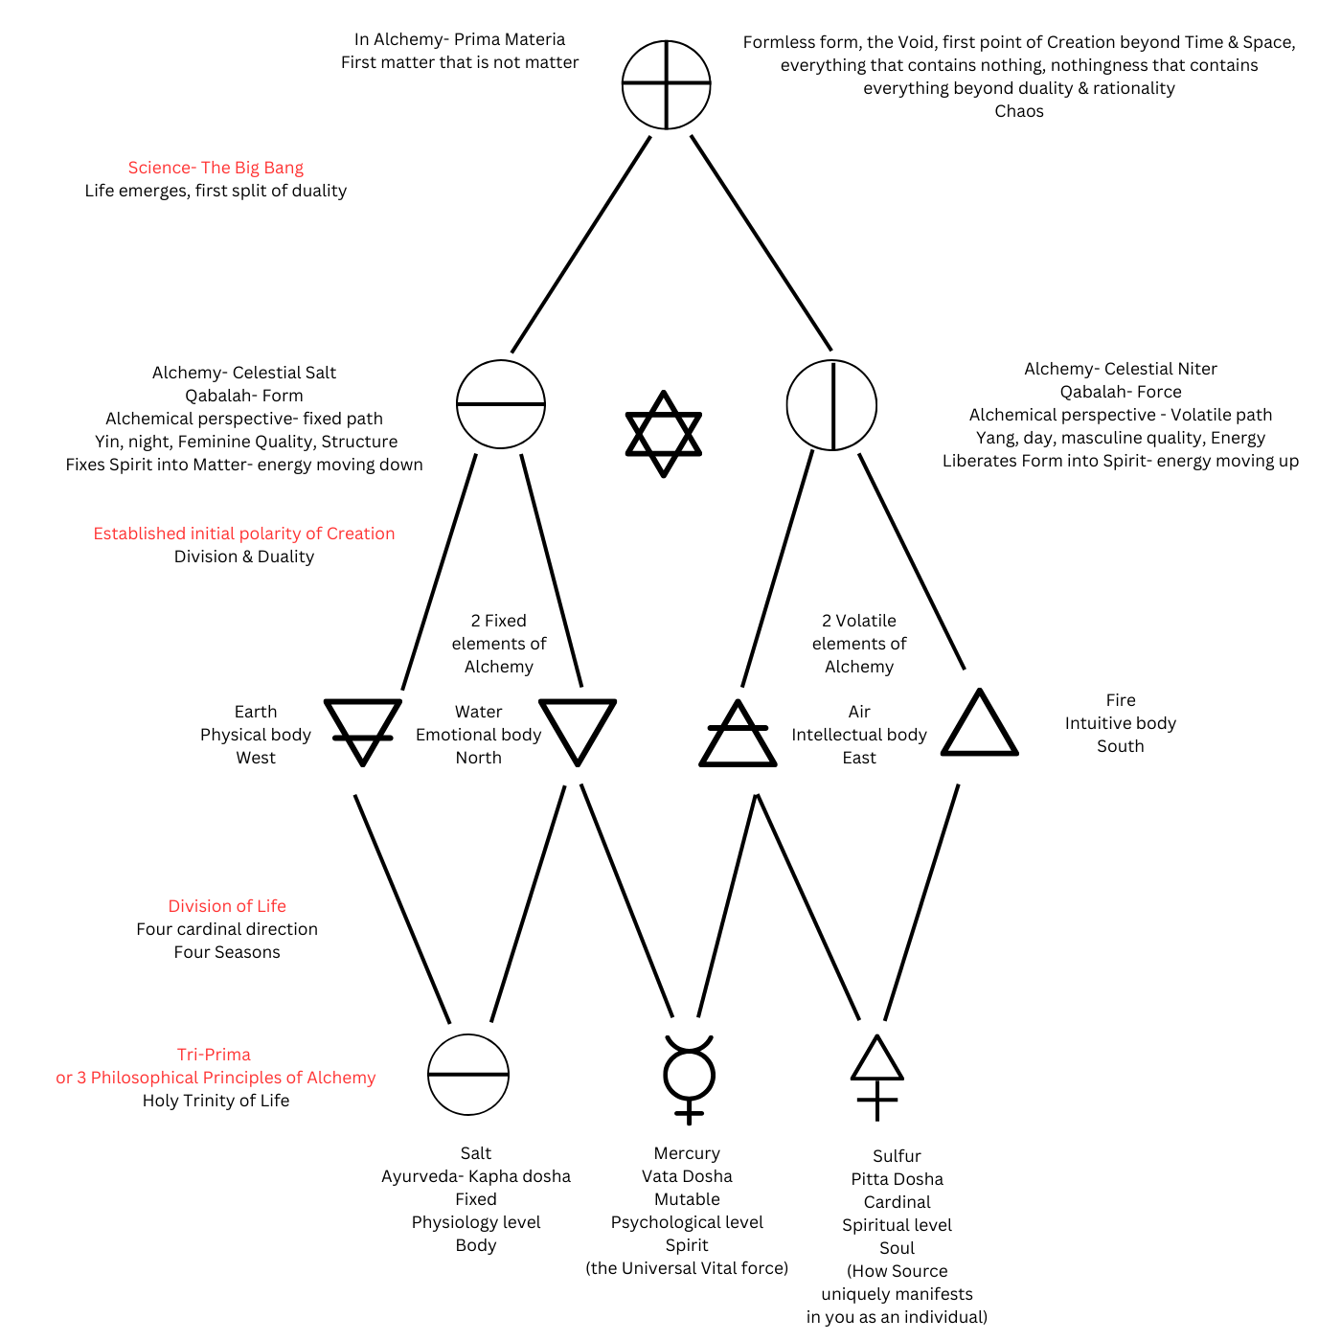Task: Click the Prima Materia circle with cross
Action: pyautogui.click(x=666, y=84)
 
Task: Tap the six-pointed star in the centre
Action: pyautogui.click(x=663, y=433)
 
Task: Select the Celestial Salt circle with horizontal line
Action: pyautogui.click(x=500, y=404)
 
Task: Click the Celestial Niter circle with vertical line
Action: pyautogui.click(x=831, y=405)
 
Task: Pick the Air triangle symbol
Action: pyautogui.click(x=738, y=735)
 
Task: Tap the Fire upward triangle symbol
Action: pyautogui.click(x=979, y=725)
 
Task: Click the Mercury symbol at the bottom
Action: pyautogui.click(x=689, y=1077)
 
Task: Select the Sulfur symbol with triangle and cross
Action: pyautogui.click(x=877, y=1077)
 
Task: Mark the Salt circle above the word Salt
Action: pyautogui.click(x=468, y=1075)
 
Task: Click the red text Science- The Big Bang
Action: pyautogui.click(x=216, y=168)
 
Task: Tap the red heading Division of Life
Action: pyautogui.click(x=227, y=906)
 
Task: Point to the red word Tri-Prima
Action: pyautogui.click(x=214, y=1055)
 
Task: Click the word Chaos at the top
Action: pyautogui.click(x=1019, y=111)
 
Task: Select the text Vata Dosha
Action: pyautogui.click(x=687, y=1176)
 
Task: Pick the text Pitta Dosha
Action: pyautogui.click(x=897, y=1179)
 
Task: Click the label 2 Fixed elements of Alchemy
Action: pyautogui.click(x=498, y=644)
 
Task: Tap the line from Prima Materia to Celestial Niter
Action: pyautogui.click(x=761, y=243)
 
